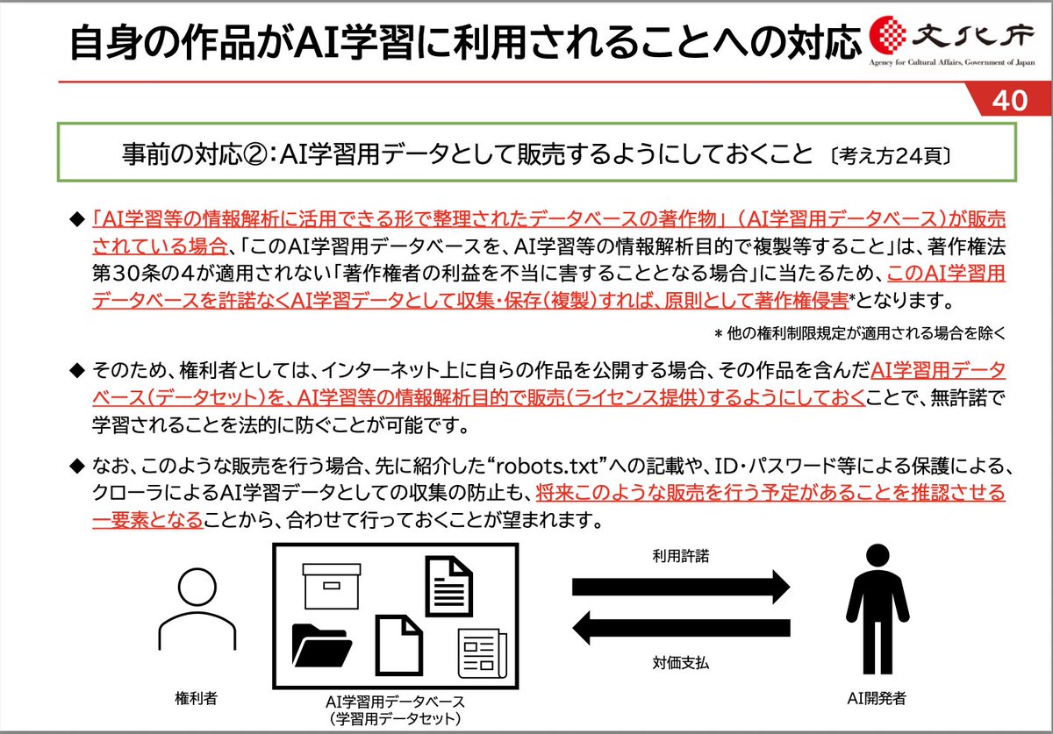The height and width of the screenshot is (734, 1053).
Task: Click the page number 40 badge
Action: (1010, 102)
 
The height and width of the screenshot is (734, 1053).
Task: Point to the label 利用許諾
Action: (681, 556)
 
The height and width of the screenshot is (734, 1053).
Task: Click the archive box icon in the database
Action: (332, 582)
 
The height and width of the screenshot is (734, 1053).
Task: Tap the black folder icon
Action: (320, 647)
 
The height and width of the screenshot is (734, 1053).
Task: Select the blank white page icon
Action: (400, 644)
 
